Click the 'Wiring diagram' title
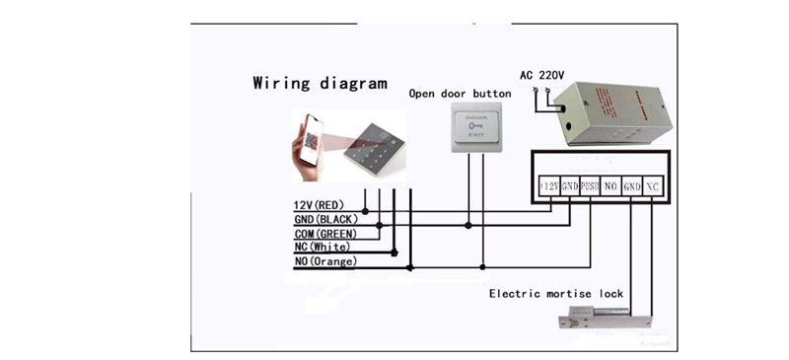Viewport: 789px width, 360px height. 320,83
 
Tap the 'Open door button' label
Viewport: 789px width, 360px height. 460,93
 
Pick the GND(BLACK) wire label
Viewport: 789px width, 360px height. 323,219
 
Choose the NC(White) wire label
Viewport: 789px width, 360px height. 323,247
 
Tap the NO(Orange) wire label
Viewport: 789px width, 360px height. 325,261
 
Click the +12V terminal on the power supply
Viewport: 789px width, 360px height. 549,185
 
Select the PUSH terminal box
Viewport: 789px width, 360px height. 590,185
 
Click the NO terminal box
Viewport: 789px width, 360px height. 610,185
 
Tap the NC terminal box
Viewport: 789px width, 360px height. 654,185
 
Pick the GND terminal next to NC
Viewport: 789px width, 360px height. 632,185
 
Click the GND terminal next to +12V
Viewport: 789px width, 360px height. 570,185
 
